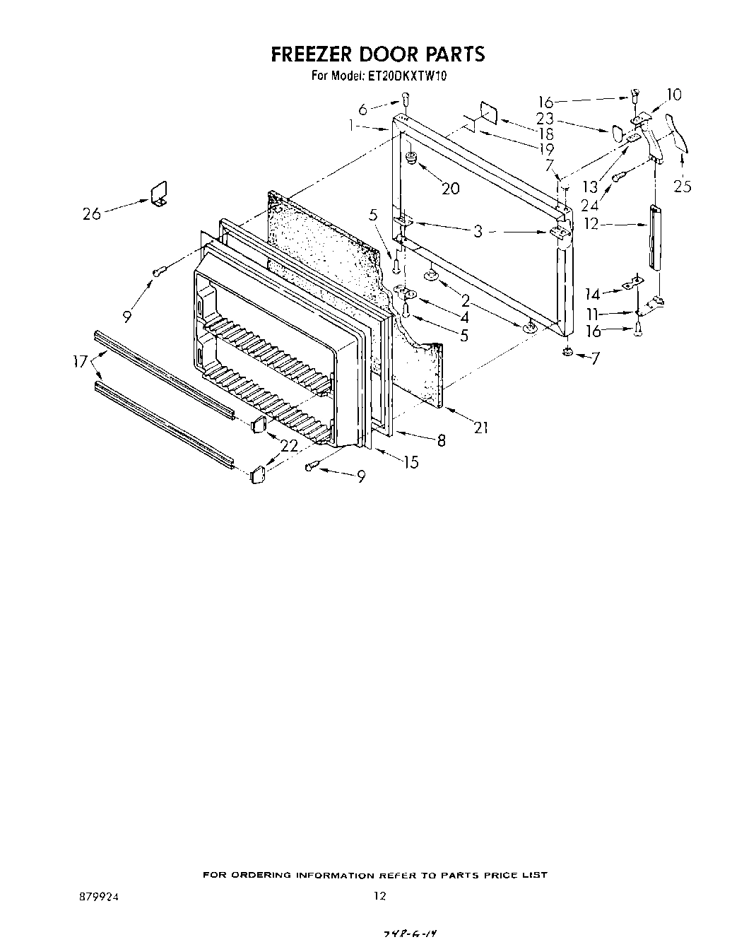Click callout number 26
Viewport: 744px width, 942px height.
click(x=92, y=213)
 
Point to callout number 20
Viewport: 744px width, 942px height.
click(x=450, y=188)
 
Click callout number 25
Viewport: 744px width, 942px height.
click(x=683, y=186)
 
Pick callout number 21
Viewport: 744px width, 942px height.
click(x=481, y=427)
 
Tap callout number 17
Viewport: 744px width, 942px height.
click(x=80, y=362)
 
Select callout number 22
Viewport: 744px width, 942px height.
click(x=290, y=447)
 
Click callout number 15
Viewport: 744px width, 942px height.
click(x=411, y=462)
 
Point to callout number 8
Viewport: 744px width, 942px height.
click(x=441, y=440)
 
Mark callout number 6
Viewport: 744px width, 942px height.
click(x=362, y=110)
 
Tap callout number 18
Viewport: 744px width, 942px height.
click(x=545, y=134)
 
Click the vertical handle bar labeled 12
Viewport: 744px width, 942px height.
click(x=654, y=237)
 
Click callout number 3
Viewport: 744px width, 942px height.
click(x=478, y=231)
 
